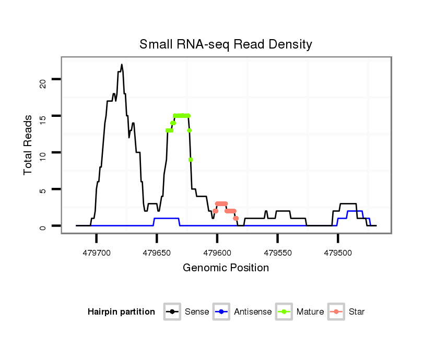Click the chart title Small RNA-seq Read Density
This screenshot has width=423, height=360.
(x=226, y=44)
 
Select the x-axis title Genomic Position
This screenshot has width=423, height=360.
(x=226, y=268)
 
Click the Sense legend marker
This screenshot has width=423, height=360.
(x=172, y=312)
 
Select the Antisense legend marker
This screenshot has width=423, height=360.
(x=221, y=312)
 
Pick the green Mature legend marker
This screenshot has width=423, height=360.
(x=284, y=312)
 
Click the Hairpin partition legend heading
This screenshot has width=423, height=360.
(x=121, y=312)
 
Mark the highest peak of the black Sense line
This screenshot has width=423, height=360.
(x=122, y=65)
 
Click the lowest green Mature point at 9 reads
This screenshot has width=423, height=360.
(x=191, y=160)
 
